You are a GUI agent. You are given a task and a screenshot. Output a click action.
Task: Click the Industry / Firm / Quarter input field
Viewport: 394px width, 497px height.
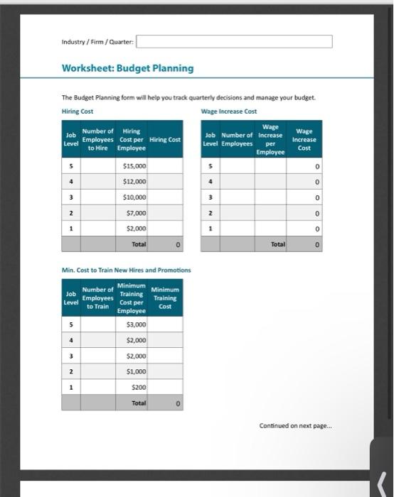pyautogui.click(x=234, y=41)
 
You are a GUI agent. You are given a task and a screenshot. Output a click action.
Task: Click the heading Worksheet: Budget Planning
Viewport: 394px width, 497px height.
pyautogui.click(x=127, y=68)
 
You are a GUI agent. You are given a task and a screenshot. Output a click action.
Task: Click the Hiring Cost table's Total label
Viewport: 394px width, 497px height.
pyautogui.click(x=139, y=244)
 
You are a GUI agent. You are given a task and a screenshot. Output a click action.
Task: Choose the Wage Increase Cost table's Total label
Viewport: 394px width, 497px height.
pyautogui.click(x=277, y=244)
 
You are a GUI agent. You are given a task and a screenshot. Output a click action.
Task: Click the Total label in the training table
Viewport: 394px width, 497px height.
pyautogui.click(x=139, y=403)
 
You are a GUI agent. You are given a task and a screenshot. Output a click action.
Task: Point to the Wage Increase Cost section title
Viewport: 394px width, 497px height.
pyautogui.click(x=228, y=111)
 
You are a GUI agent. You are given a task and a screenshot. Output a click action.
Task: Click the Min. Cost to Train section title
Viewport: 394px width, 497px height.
pyautogui.click(x=126, y=271)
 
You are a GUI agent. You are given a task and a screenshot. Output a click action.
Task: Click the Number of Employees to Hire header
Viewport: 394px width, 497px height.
pyautogui.click(x=97, y=139)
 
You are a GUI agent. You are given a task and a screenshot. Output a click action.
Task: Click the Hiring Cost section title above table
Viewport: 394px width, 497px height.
pyautogui.click(x=78, y=111)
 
